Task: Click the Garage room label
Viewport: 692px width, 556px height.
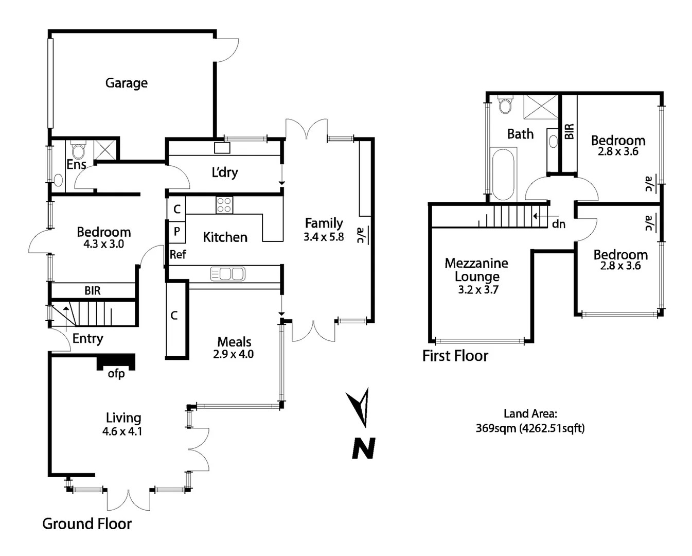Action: [126, 83]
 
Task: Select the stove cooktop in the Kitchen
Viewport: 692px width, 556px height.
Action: [224, 205]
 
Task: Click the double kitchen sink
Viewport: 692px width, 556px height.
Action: [227, 274]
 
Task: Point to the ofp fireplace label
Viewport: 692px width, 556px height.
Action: [116, 373]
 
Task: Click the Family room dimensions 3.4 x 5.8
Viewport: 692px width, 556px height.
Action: [324, 237]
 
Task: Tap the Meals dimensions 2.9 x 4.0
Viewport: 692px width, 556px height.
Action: [234, 354]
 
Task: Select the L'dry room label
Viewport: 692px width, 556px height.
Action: [225, 172]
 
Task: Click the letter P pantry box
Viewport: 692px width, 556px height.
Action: [176, 232]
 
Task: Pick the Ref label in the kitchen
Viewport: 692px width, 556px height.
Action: [178, 254]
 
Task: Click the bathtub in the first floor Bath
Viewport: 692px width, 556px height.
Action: [503, 174]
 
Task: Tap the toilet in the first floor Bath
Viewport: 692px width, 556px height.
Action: [505, 105]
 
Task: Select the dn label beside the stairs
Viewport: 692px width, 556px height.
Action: [558, 224]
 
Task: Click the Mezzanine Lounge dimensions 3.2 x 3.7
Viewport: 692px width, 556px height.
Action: [478, 290]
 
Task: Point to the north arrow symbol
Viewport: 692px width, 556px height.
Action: [360, 406]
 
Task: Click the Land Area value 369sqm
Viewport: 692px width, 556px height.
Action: [495, 428]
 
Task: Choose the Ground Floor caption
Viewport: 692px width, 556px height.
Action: [87, 524]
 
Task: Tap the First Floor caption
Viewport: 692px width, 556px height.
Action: [455, 356]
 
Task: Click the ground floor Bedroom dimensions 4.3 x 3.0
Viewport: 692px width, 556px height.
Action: [104, 244]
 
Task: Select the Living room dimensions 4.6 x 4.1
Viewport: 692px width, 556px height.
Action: [122, 431]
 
